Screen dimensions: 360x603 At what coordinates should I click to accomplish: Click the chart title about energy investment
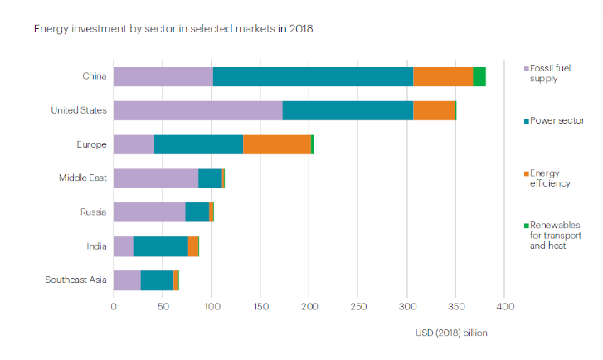tap(173, 28)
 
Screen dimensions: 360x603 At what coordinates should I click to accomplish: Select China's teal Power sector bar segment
tap(313, 76)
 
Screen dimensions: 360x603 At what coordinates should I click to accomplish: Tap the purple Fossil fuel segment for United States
tap(197, 110)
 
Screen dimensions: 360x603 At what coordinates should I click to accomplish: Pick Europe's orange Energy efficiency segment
tap(277, 144)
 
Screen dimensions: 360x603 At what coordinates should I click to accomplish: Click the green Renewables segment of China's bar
tap(479, 76)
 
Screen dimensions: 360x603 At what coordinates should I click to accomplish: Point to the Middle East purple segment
tap(156, 178)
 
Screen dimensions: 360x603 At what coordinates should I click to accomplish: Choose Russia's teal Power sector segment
tap(197, 212)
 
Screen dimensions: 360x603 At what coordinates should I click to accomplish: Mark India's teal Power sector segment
tap(161, 246)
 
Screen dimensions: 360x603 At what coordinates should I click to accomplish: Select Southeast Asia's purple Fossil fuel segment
tap(127, 280)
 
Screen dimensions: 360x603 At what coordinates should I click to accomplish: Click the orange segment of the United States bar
tap(434, 110)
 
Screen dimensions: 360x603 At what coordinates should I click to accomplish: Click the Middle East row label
tap(82, 178)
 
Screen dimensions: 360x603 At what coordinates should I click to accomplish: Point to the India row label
tap(95, 246)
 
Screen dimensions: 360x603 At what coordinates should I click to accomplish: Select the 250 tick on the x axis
tap(358, 306)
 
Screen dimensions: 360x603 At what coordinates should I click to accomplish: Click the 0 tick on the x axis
tap(114, 306)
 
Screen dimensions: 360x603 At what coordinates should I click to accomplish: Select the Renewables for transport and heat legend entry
tap(550, 235)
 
